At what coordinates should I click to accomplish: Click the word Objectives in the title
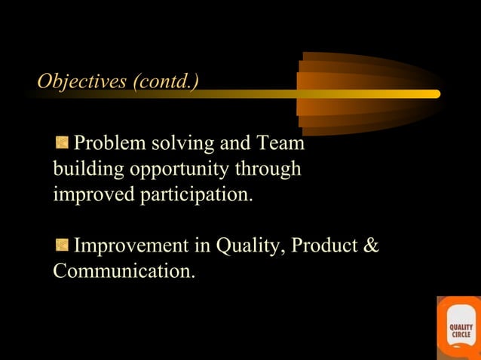coord(82,81)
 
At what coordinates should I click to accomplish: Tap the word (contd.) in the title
coord(166,81)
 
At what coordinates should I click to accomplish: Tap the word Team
coord(280,143)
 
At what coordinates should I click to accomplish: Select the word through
coord(268,169)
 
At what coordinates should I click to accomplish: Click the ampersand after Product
coord(371,246)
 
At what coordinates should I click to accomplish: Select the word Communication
coord(124,271)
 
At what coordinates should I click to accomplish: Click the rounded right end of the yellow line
coord(435,94)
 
